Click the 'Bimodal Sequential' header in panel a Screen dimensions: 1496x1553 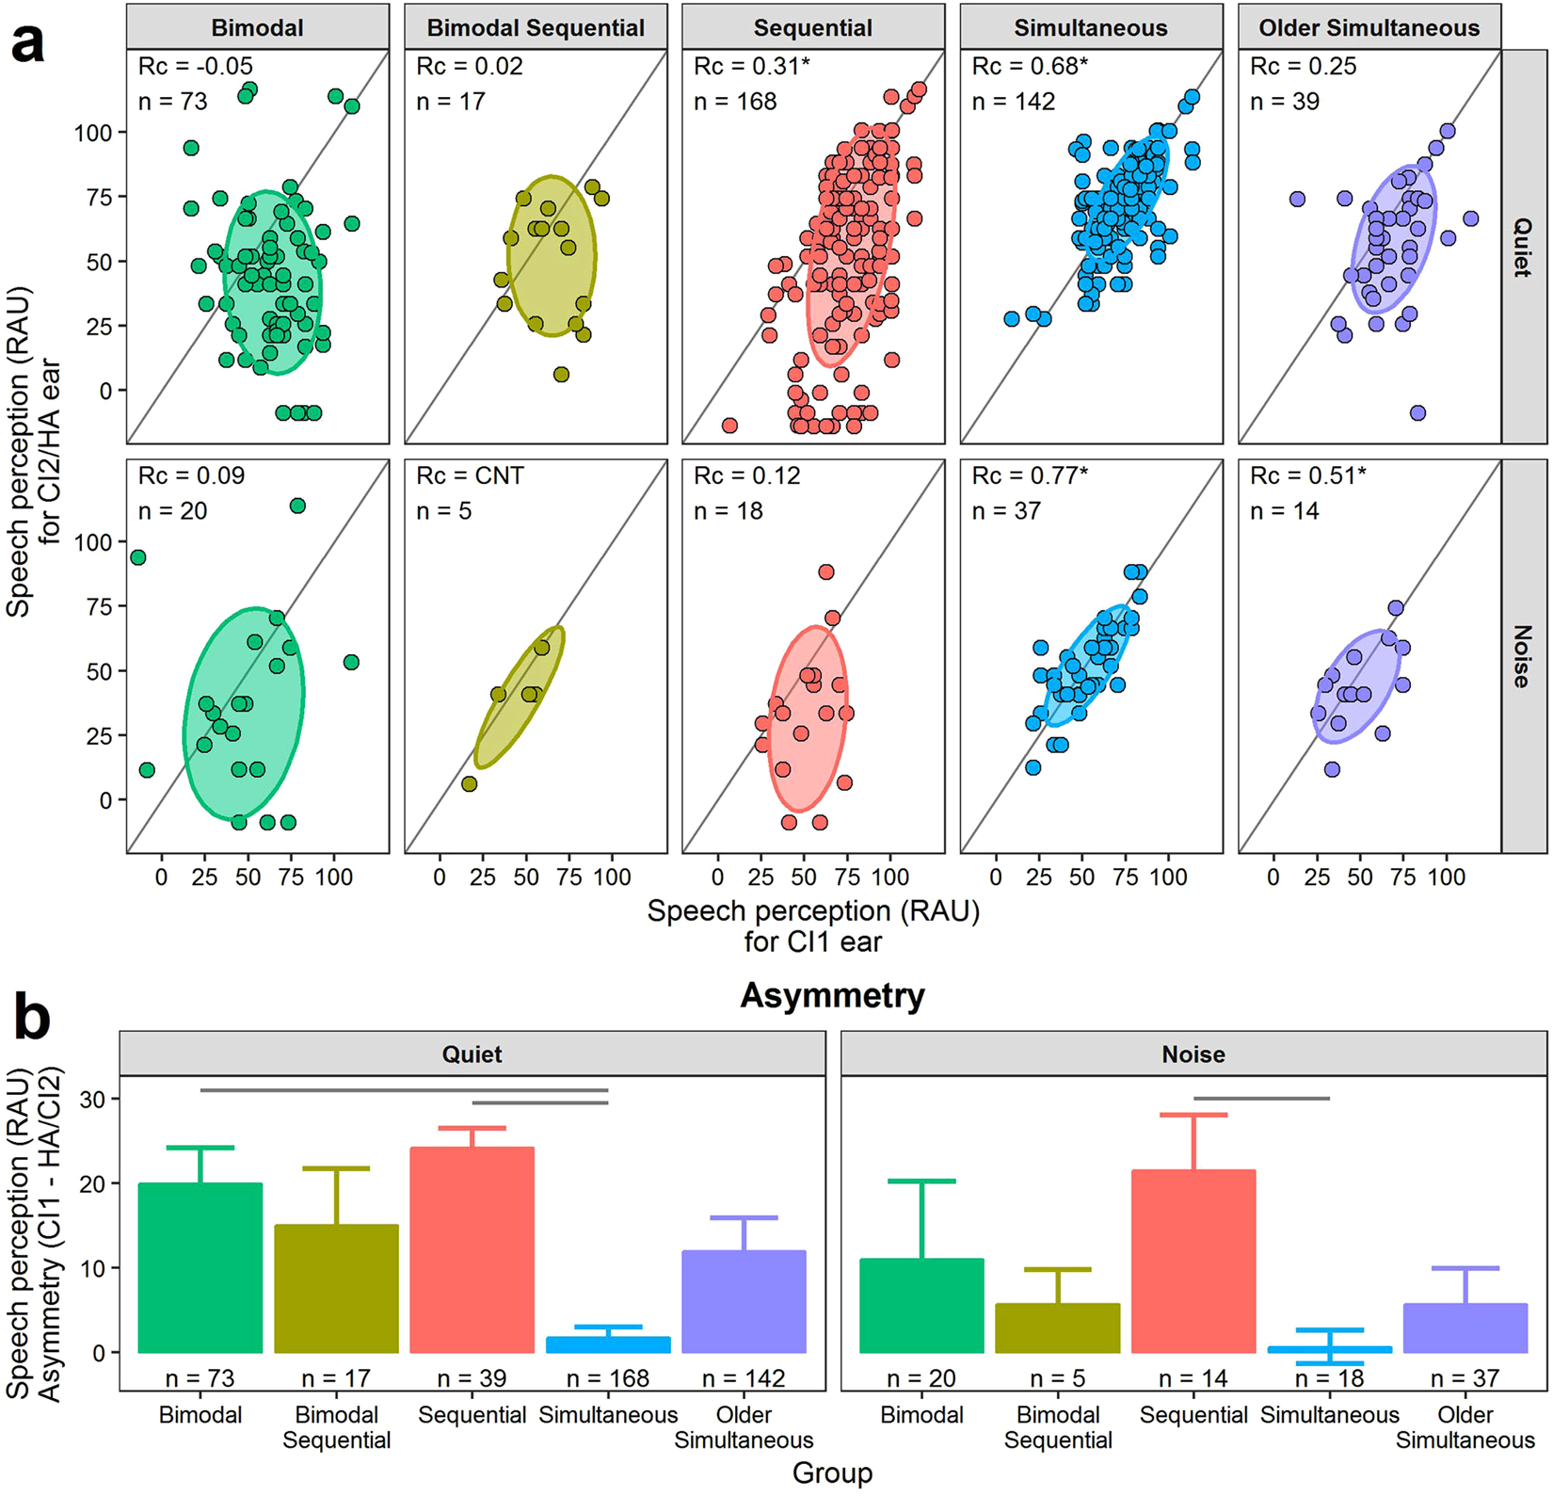click(x=536, y=27)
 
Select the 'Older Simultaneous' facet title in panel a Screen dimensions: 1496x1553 click(x=1369, y=27)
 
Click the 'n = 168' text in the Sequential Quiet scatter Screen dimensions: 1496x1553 click(x=735, y=102)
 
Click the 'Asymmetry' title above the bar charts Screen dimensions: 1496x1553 click(x=832, y=995)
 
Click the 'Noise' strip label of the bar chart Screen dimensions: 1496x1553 click(x=1193, y=1054)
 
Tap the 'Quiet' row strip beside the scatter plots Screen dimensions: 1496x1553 click(x=1522, y=247)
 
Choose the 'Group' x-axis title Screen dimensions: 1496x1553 click(x=832, y=1472)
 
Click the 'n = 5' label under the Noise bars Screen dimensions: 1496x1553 click(x=1058, y=1378)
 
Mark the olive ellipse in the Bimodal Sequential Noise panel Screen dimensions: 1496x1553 click(x=519, y=698)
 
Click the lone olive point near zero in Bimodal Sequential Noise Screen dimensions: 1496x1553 click(x=469, y=783)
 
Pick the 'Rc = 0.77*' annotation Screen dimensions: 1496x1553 click(x=1030, y=476)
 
